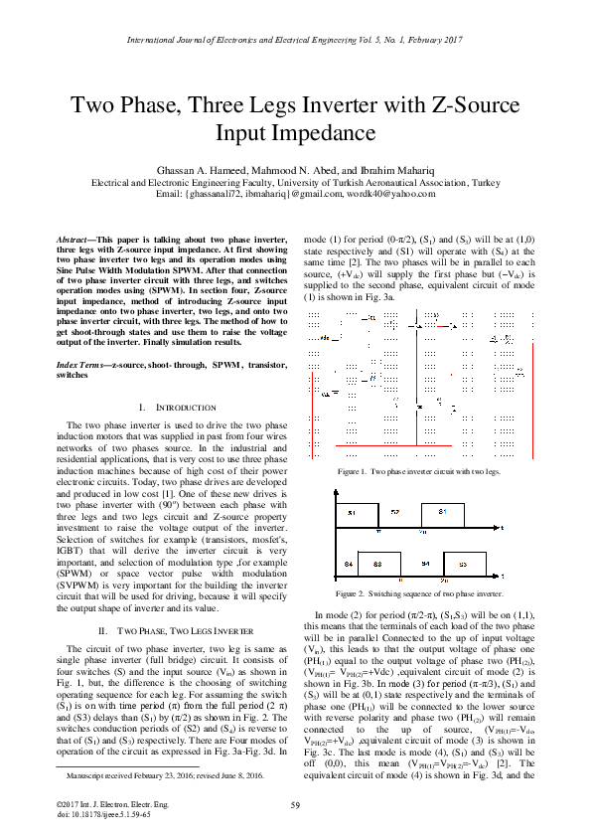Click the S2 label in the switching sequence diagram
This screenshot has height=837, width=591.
395,511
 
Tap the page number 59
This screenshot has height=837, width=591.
295,804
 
